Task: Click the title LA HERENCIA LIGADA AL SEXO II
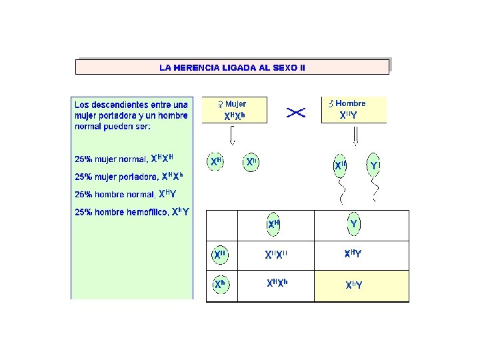[232, 67]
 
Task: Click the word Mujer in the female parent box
[235, 104]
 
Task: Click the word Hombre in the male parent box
[350, 103]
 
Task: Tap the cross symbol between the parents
[295, 113]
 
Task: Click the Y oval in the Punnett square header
[353, 225]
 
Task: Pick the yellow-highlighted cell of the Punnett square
[362, 285]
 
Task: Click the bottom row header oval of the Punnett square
[221, 284]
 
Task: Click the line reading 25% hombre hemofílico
[131, 212]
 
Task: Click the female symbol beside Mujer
[219, 104]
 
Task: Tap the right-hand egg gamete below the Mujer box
[251, 162]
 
